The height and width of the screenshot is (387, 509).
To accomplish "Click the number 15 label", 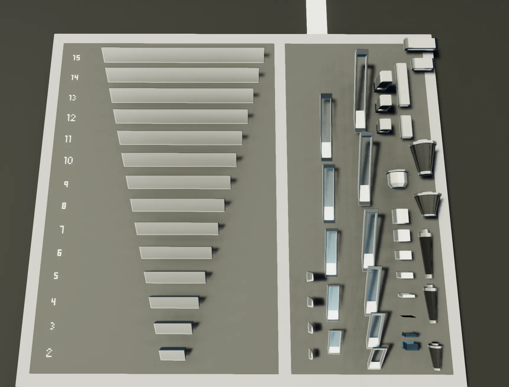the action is (x=77, y=57).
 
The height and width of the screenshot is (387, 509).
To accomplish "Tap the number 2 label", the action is (x=49, y=353).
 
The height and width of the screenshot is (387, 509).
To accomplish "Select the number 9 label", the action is (x=66, y=184).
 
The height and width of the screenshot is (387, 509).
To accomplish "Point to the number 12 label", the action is (x=71, y=118).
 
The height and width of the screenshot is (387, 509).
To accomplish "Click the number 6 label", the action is (x=59, y=253).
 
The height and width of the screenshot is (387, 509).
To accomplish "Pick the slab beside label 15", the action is (x=183, y=55).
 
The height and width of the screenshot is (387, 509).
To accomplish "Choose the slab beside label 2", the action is (x=173, y=354).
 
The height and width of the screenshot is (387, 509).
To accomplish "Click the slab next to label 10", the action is (x=179, y=160).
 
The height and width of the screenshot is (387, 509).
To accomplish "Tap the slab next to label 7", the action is (x=177, y=229).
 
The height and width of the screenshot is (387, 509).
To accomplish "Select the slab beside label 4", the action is (x=174, y=302).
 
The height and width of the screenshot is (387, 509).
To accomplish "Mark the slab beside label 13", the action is (x=181, y=95).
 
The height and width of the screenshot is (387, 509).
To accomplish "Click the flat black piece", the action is (x=408, y=316).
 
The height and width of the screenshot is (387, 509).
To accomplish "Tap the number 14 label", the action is (x=74, y=77).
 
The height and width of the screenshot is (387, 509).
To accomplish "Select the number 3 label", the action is (x=52, y=326).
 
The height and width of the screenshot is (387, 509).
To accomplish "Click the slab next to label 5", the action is (x=175, y=277).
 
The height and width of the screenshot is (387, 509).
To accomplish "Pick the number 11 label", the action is (x=68, y=139).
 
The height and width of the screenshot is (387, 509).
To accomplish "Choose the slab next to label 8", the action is (x=178, y=205).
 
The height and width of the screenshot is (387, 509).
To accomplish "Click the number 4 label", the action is (x=53, y=302).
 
